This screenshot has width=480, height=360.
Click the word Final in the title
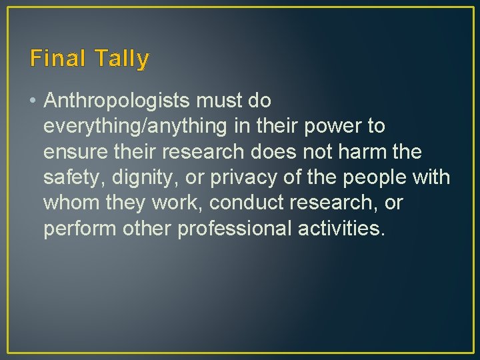(x=56, y=59)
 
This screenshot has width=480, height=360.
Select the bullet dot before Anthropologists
(x=33, y=101)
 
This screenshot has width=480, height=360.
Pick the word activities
(x=340, y=228)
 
